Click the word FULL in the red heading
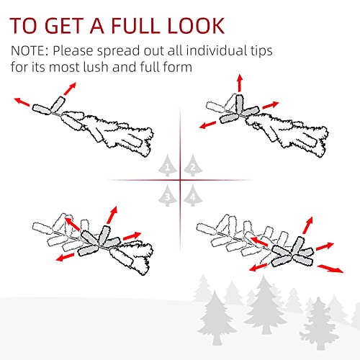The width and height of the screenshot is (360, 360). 136,25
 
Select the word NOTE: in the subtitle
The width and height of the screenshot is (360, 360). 30,50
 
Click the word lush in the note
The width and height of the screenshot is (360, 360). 96,67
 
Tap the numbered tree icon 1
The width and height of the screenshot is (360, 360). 168,166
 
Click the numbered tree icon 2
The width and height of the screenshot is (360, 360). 193,166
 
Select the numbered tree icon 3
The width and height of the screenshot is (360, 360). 168,196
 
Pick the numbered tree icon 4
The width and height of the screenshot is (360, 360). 193,196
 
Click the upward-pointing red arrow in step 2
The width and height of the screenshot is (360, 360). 240,83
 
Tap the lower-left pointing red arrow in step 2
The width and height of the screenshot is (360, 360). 208,125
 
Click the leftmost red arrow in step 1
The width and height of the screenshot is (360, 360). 22,102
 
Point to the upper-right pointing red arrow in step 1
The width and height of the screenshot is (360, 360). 70,89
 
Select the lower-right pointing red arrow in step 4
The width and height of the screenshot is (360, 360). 330,269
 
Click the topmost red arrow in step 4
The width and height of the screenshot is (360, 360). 308,225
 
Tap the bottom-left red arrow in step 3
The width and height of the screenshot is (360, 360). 65,257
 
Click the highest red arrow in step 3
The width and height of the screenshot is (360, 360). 112,215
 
